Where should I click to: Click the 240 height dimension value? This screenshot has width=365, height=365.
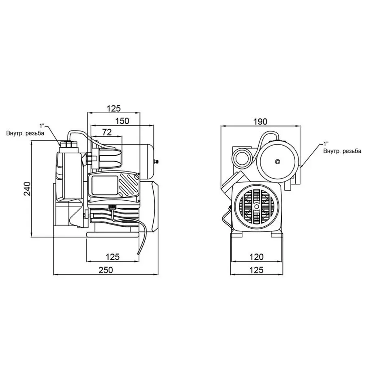[27, 189]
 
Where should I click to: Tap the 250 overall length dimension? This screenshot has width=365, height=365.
[105, 270]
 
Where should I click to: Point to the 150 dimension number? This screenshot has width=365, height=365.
[122, 120]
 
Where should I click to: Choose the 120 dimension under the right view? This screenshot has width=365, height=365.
[256, 256]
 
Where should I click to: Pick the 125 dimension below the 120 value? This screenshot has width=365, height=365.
[256, 270]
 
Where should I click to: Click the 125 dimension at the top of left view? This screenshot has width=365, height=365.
[114, 108]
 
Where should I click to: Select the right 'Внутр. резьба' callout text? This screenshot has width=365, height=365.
[342, 151]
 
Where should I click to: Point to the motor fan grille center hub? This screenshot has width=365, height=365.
[256, 206]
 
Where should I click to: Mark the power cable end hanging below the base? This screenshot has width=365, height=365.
[139, 254]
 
